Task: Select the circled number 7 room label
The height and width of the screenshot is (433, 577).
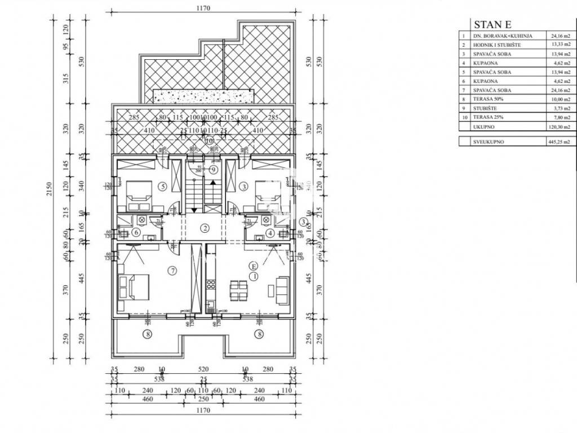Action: click(173, 271)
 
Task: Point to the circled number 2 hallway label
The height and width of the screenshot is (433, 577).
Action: click(206, 228)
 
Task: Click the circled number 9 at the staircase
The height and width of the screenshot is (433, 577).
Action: click(214, 169)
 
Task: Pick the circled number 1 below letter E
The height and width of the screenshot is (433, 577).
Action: click(254, 276)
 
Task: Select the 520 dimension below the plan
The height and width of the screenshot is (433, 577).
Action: click(203, 370)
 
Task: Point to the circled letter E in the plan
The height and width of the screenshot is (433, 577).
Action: click(254, 266)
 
